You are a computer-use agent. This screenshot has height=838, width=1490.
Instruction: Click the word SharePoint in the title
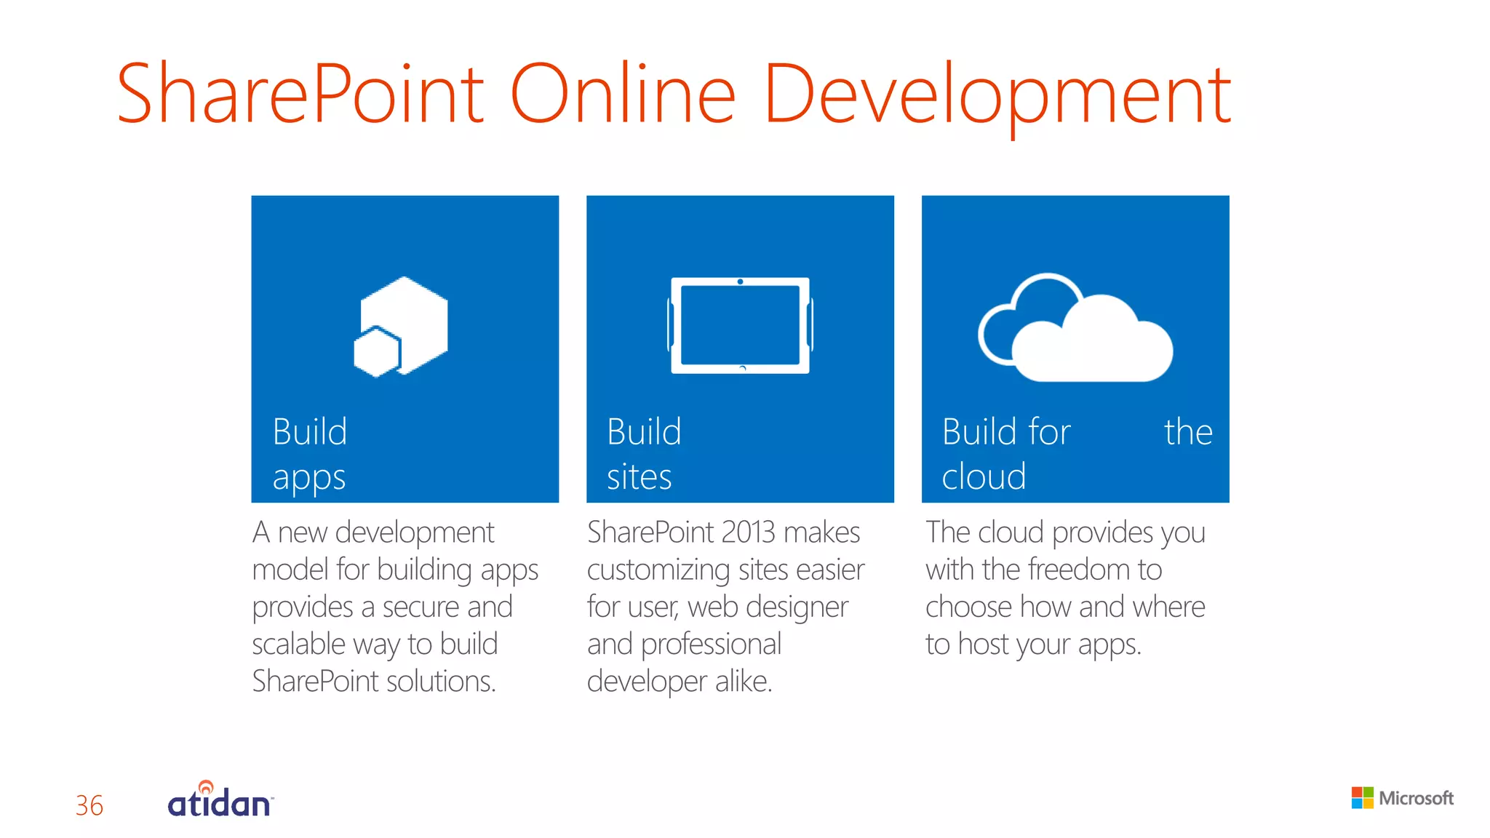[x=300, y=95]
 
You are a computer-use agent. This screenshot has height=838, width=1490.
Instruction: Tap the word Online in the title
[x=623, y=95]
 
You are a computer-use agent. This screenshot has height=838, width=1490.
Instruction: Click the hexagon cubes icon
[x=401, y=327]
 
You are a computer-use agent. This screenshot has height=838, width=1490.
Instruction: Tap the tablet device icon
[x=740, y=325]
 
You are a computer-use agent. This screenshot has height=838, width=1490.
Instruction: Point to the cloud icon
[x=1075, y=329]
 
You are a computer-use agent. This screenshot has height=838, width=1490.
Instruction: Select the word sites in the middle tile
[x=639, y=477]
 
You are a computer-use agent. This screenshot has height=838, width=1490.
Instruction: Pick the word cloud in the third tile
[x=984, y=477]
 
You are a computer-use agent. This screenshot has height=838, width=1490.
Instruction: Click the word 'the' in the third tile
[x=1188, y=432]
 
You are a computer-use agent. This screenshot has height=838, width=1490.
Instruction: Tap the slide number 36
[x=89, y=805]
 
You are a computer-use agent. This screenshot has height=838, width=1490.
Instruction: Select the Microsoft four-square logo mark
[x=1362, y=798]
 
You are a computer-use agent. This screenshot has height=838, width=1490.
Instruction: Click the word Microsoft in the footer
[x=1416, y=799]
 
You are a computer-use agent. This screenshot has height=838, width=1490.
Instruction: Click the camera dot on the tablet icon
[x=740, y=282]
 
